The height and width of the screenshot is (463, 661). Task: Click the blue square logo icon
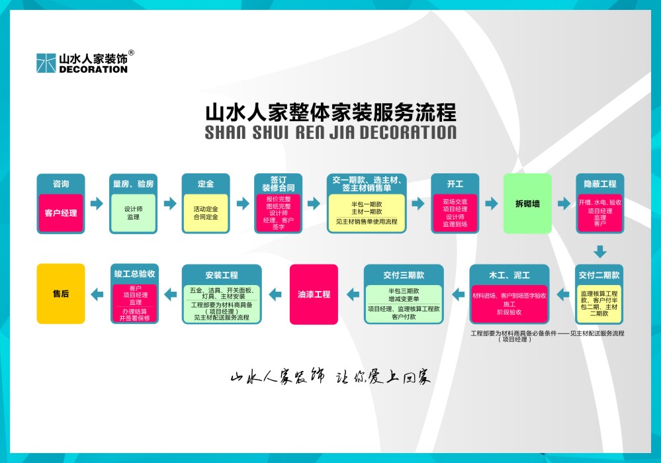46,63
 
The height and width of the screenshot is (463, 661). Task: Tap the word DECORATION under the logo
93,69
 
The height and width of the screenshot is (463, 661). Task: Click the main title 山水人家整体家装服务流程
330,110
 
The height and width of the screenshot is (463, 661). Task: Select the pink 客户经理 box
61,213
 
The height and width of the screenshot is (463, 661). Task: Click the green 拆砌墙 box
527,204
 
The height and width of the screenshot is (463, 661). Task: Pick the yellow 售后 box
61,294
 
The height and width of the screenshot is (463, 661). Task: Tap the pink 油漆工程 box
314,294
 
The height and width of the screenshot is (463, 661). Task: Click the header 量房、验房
134,184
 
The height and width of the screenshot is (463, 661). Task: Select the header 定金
206,184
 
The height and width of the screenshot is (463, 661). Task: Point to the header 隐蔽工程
599,184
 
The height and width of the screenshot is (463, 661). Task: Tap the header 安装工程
222,274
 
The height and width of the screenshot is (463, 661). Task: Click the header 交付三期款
404,274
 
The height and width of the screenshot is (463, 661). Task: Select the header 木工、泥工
509,274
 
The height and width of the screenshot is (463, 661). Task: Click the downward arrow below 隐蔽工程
599,251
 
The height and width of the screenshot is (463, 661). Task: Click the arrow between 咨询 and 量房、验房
97,204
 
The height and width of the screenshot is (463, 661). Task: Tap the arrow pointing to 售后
97,294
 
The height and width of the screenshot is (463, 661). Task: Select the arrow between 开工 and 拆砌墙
491,204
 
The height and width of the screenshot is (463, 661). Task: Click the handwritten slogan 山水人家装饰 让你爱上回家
330,378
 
